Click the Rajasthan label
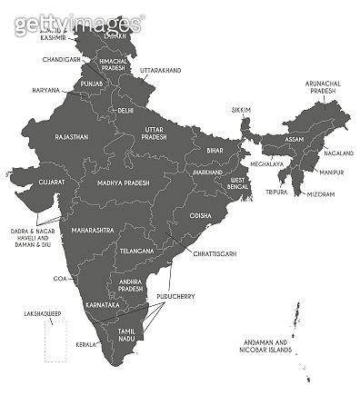71,137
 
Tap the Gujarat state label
52,183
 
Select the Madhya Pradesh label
116,183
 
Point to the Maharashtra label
94,231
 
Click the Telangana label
137,249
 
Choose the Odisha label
200,216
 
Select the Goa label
61,278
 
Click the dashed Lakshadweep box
56,343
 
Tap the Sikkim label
241,109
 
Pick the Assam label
295,139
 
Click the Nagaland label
335,154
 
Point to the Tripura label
277,193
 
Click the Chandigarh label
61,59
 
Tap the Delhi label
125,110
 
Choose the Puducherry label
173,295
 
